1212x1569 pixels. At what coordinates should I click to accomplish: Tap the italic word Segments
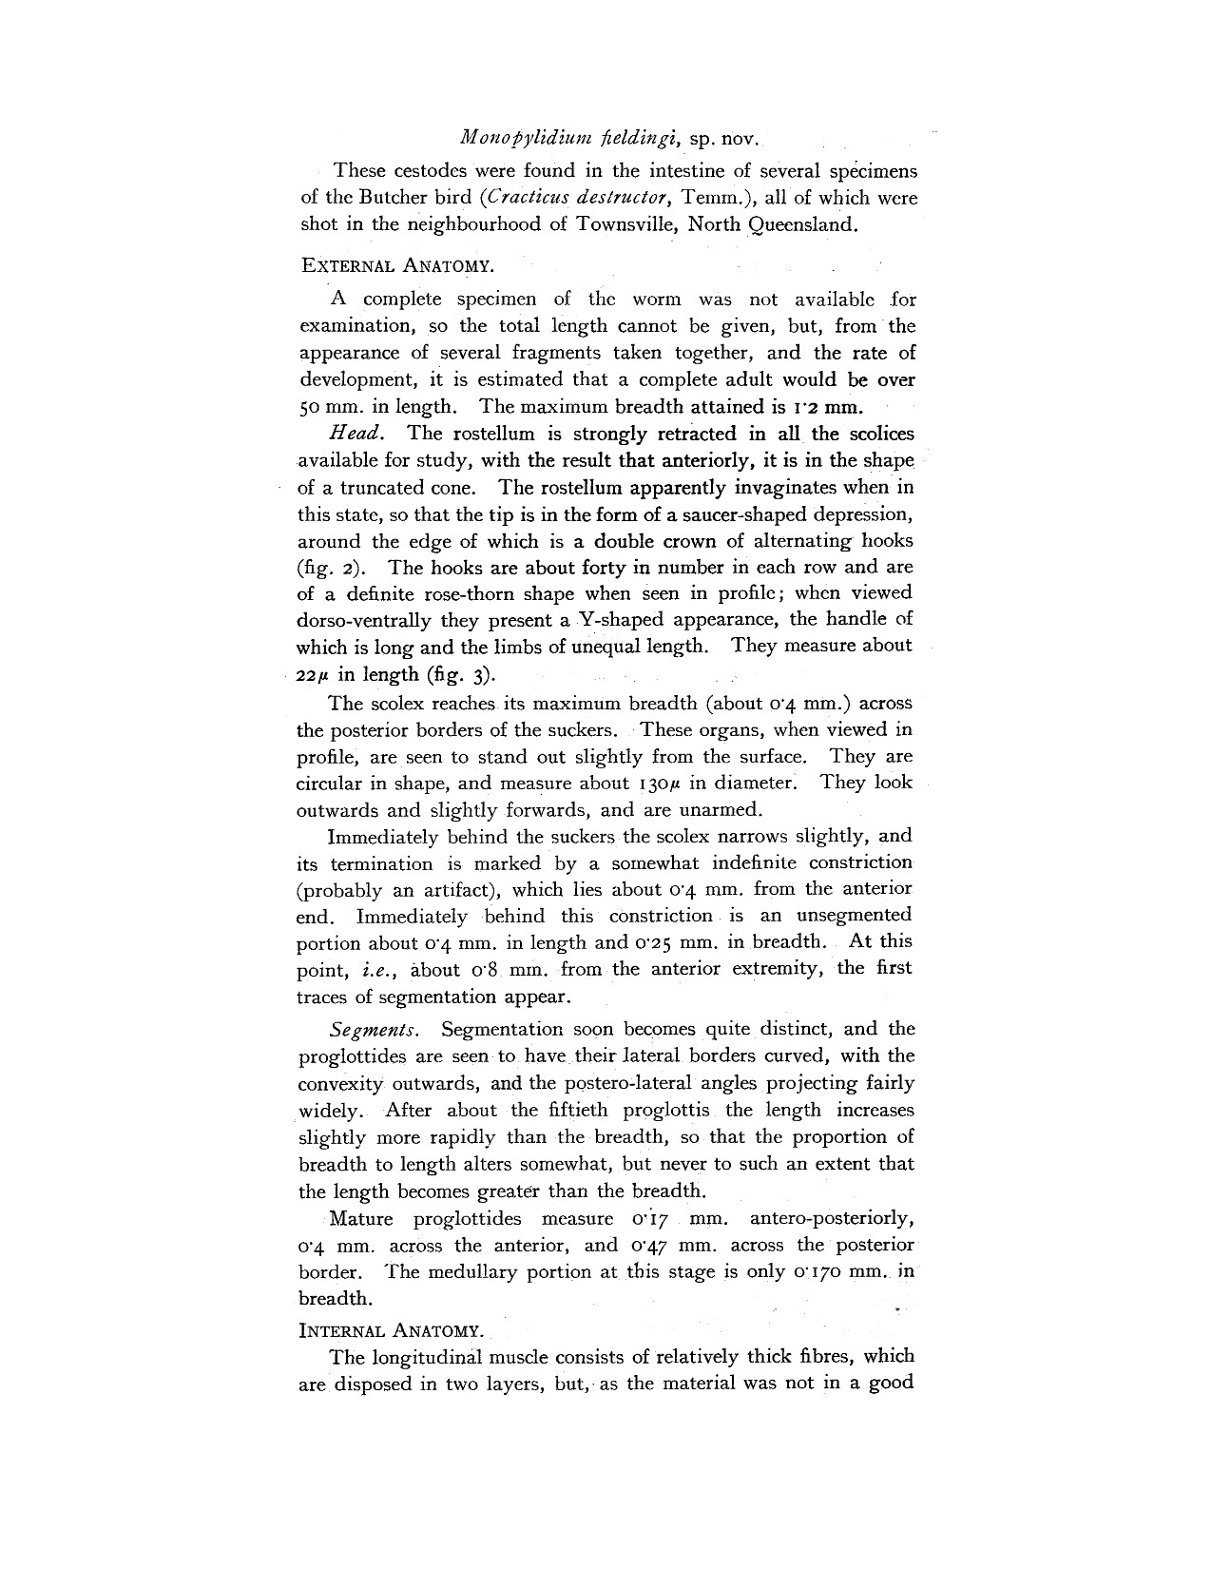pos(374,1030)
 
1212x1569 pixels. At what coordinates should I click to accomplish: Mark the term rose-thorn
pos(530,593)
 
